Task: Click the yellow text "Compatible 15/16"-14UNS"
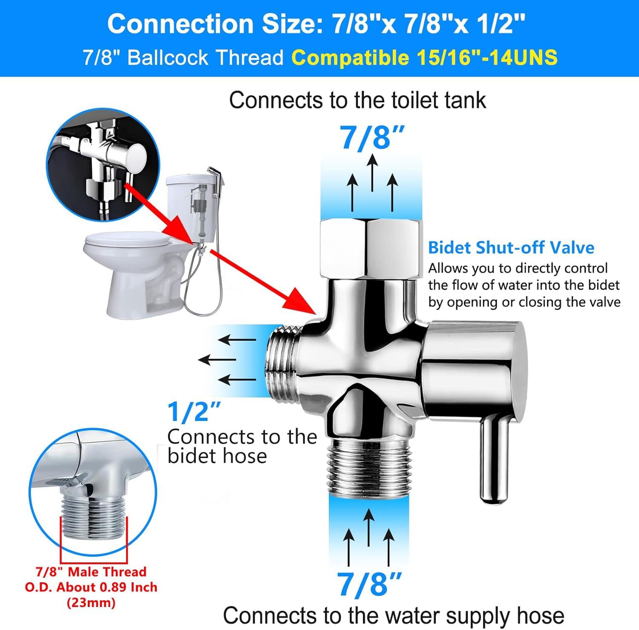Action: point(425,57)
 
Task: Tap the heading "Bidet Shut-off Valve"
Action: point(511,247)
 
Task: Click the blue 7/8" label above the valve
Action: point(371,137)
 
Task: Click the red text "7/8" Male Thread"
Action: point(91,571)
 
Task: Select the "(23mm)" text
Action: point(91,603)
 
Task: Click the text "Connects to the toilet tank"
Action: point(357,101)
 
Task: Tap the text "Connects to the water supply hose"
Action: point(393,616)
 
